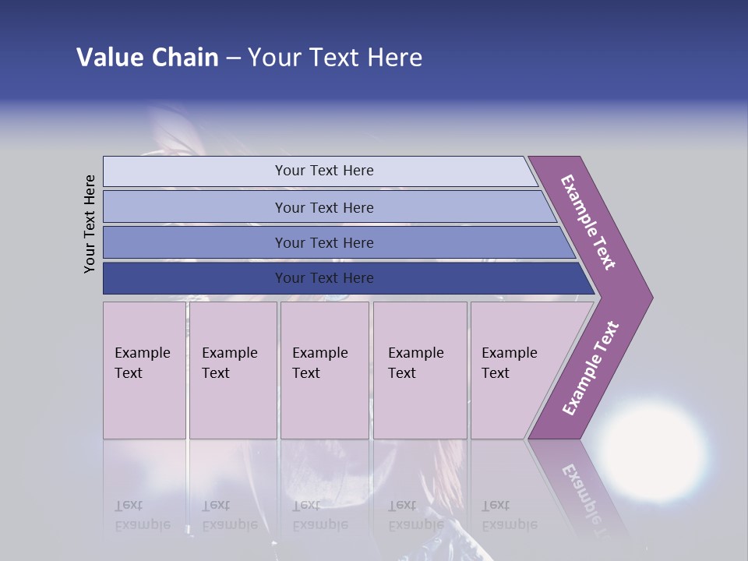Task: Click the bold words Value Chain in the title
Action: point(147,58)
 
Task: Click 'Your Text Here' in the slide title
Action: point(335,58)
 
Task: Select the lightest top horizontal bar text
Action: point(324,171)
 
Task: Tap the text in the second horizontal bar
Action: point(324,207)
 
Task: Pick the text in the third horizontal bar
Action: point(324,242)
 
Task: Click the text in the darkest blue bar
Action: point(324,278)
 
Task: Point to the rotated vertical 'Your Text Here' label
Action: point(90,224)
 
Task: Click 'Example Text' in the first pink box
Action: point(142,363)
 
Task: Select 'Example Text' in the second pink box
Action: point(229,363)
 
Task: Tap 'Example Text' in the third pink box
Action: point(319,363)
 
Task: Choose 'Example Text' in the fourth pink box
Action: point(415,363)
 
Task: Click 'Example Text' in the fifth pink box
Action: point(509,363)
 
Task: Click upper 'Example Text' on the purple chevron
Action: point(588,222)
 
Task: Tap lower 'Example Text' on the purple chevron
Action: point(591,369)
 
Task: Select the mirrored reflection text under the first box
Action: point(142,515)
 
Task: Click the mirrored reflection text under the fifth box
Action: point(509,515)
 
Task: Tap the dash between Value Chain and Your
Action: point(233,59)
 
